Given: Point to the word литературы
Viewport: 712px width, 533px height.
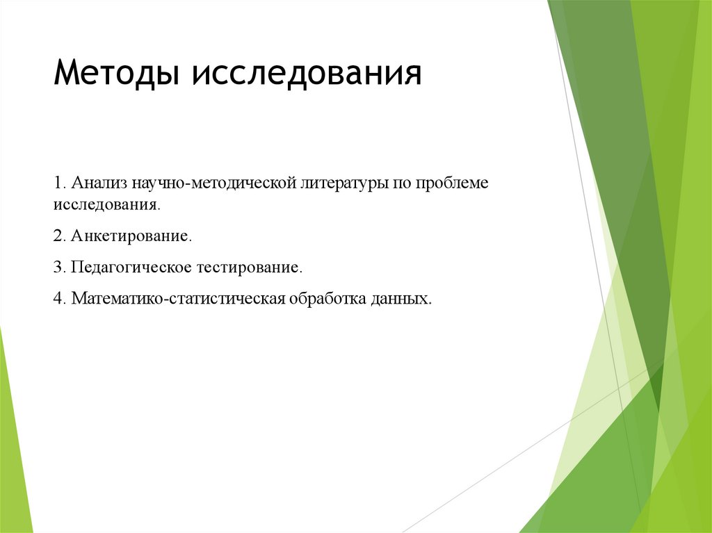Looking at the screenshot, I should pos(342,184).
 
